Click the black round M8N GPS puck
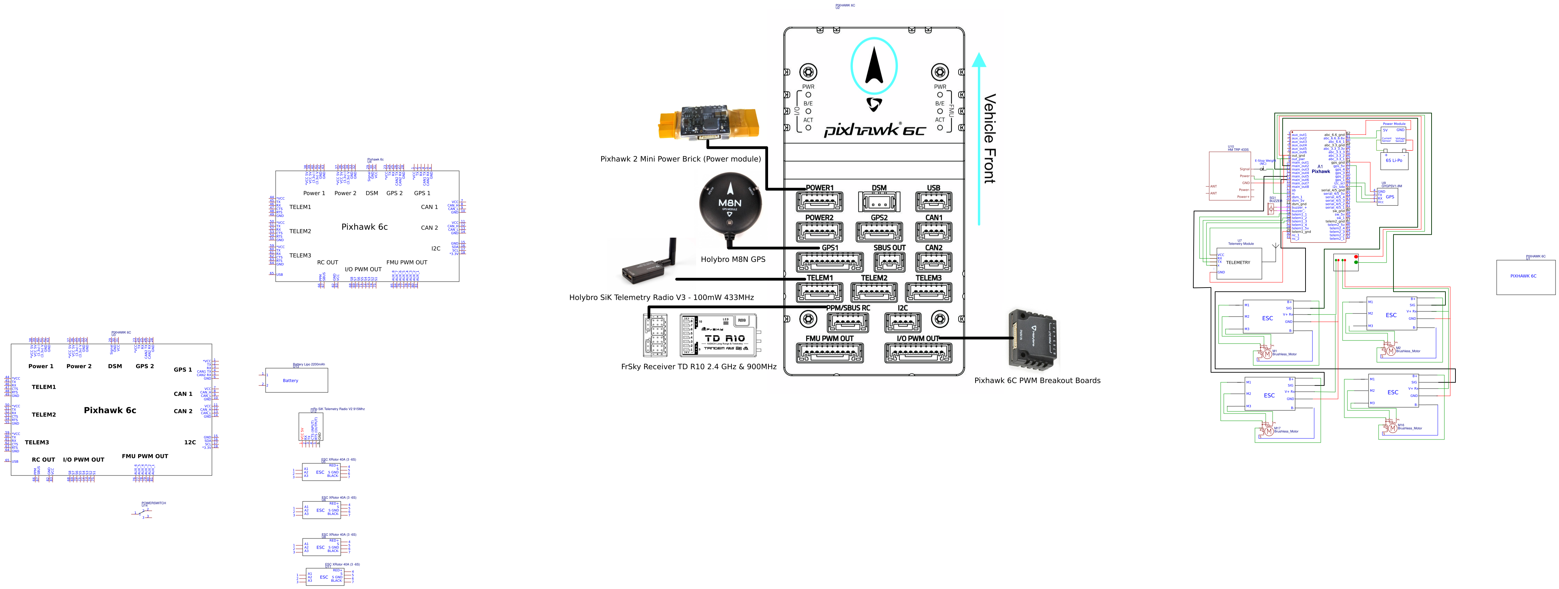click(729, 204)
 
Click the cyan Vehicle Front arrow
click(979, 139)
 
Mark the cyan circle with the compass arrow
click(874, 66)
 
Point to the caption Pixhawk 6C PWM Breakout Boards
click(1037, 380)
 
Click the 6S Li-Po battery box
click(1394, 160)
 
